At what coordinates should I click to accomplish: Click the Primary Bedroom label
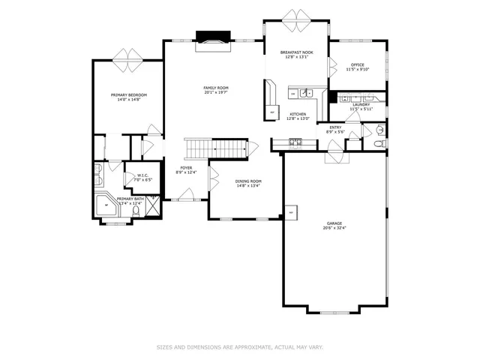click(x=129, y=94)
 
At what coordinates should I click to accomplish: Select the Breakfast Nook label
click(x=297, y=52)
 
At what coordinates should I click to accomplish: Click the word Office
click(x=357, y=64)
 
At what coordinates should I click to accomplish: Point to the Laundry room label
click(x=361, y=104)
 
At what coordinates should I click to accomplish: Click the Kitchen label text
click(x=298, y=114)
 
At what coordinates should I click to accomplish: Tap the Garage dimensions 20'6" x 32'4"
click(x=334, y=228)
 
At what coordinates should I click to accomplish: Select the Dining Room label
click(x=249, y=181)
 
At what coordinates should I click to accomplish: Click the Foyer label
click(x=186, y=168)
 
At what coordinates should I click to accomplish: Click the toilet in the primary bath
click(x=136, y=211)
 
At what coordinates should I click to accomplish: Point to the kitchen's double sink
click(x=307, y=93)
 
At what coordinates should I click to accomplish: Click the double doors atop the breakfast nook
click(x=296, y=15)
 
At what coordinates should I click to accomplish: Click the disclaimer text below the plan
click(x=239, y=346)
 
